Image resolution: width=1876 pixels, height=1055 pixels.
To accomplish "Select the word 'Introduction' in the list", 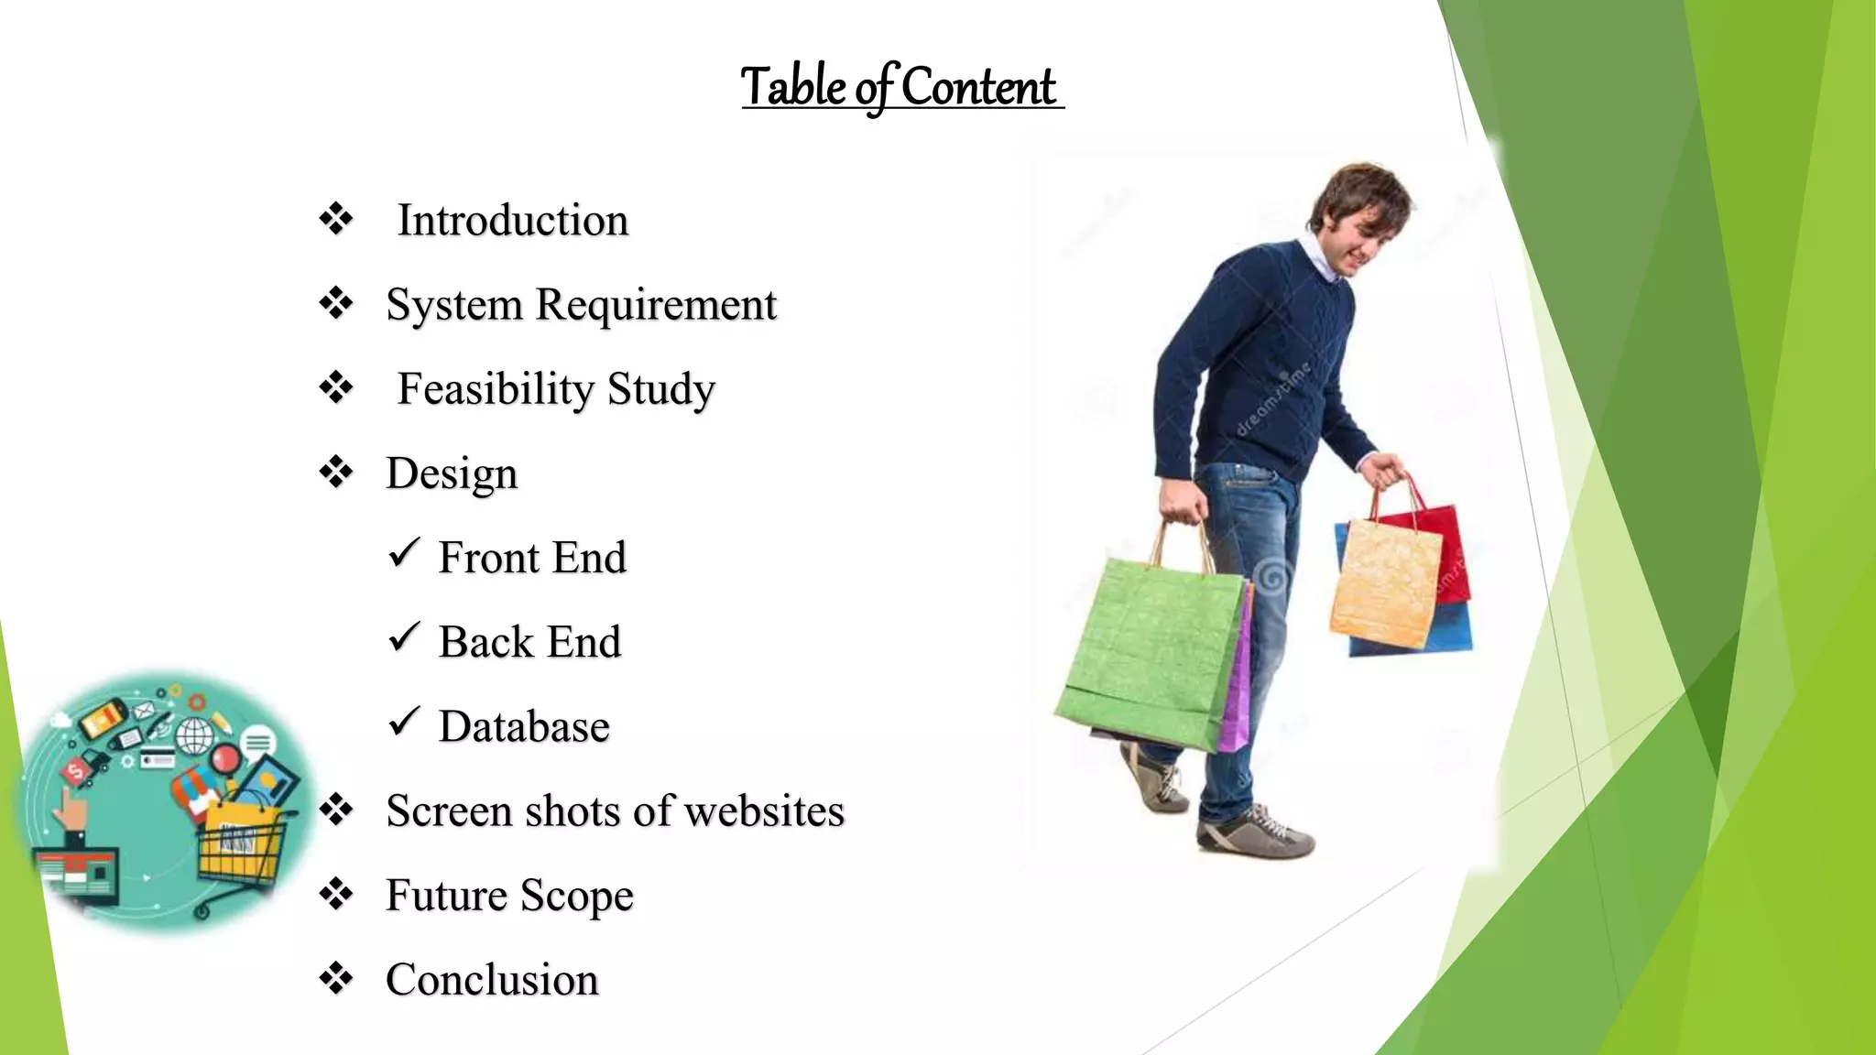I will (x=512, y=221).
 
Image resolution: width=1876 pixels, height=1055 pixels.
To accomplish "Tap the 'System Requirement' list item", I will (x=581, y=305).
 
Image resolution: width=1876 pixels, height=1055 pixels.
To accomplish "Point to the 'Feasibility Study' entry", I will (x=555, y=389).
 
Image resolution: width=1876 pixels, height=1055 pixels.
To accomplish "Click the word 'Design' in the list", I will (x=452, y=474).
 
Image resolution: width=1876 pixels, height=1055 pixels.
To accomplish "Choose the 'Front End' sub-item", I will (x=532, y=558).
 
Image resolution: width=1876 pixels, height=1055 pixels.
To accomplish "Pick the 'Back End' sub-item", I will (x=529, y=642).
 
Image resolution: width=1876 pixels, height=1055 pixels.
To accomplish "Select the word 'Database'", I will (x=524, y=727).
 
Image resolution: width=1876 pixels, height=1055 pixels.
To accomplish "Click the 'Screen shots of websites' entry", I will (x=615, y=811).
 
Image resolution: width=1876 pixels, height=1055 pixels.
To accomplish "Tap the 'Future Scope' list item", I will (x=509, y=896).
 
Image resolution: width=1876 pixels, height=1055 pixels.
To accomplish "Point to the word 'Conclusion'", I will (x=492, y=980).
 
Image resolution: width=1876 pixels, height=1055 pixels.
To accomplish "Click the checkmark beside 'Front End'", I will (x=403, y=552).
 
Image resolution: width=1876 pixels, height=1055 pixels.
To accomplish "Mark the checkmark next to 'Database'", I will (x=403, y=722).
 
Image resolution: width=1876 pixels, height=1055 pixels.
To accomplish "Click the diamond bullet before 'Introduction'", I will (x=336, y=220).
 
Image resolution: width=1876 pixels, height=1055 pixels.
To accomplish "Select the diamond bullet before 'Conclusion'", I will (x=336, y=978).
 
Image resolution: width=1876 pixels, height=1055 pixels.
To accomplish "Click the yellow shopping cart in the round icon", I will (x=240, y=847).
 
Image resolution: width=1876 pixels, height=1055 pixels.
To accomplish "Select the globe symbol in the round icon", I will (x=194, y=735).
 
